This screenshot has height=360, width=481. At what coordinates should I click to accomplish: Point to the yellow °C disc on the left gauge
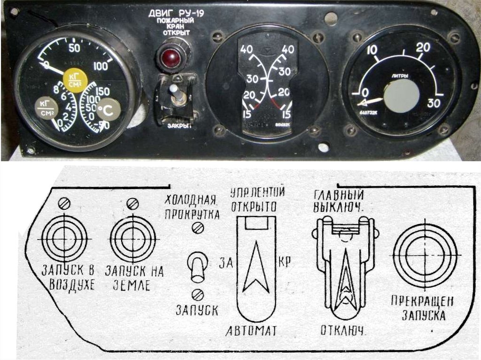pos(109,109)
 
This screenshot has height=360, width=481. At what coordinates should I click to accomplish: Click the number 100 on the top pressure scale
pos(100,66)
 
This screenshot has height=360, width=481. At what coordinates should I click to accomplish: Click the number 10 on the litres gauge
pos(372,50)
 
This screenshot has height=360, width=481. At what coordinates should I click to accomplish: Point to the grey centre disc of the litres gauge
pos(401,96)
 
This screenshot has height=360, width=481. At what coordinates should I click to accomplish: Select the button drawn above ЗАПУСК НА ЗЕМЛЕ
pos(132,239)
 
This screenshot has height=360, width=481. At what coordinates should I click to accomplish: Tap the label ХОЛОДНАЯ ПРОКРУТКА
pos(192,207)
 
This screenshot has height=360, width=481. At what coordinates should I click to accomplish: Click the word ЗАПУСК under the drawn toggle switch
pos(197,310)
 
